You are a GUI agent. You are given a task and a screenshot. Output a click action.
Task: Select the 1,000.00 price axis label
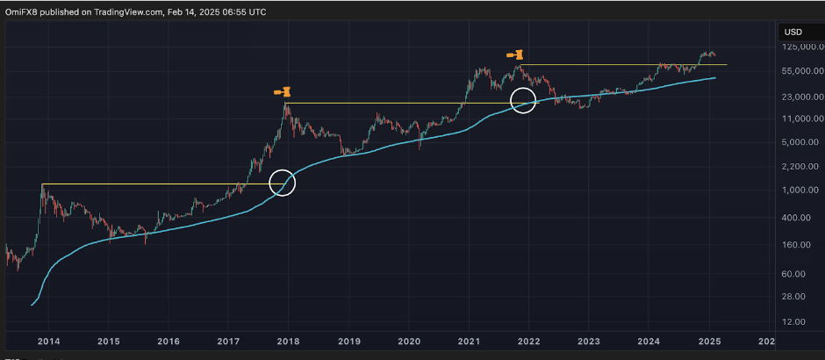(804, 190)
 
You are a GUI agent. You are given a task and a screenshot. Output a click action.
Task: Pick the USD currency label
(792, 32)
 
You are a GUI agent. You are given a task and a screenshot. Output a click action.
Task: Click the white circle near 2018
(283, 183)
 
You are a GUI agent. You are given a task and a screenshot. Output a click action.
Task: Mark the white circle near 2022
(524, 100)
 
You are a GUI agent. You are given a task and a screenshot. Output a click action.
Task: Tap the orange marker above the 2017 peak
(282, 91)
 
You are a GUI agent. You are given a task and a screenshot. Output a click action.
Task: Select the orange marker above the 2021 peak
(515, 54)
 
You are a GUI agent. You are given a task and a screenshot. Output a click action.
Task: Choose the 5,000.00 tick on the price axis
(804, 141)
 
